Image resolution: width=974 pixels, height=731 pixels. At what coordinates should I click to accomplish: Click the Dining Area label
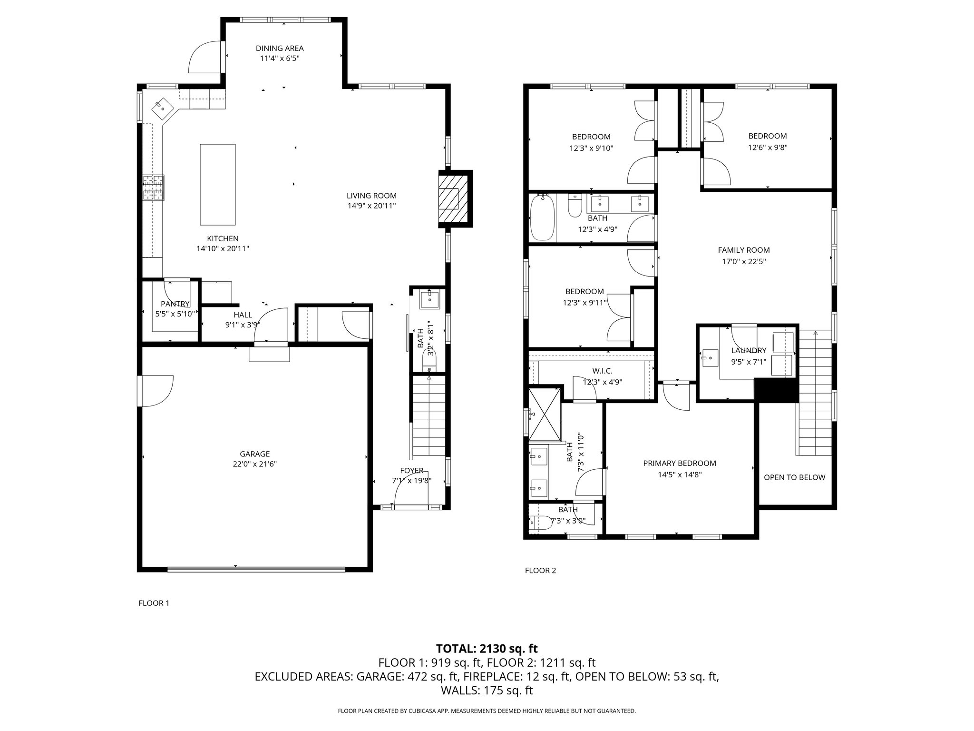[280, 48]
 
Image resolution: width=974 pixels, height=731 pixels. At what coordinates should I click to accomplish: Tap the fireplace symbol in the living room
[455, 198]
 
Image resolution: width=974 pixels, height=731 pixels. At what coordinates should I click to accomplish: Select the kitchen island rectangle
[218, 184]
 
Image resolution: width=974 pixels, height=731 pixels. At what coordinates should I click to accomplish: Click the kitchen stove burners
[153, 187]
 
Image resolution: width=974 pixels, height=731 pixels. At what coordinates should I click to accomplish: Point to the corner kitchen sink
[162, 109]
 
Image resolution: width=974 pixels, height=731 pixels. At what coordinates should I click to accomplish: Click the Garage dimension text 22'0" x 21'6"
[255, 464]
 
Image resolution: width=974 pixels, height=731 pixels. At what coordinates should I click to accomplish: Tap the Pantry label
[175, 304]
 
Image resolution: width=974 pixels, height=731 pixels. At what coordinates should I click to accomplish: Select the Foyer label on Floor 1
[411, 471]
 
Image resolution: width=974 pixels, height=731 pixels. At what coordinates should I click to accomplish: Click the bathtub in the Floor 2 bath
[543, 217]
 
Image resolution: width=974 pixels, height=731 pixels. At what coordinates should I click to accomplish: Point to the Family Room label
[744, 250]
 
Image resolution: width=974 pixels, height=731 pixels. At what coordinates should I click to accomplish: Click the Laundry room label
[749, 351]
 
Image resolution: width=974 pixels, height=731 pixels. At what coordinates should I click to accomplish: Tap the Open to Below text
[795, 477]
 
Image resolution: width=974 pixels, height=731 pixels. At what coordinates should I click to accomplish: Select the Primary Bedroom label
[680, 463]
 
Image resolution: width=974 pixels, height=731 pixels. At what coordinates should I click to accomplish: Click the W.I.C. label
[602, 371]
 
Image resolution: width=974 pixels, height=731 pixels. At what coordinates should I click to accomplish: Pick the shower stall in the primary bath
[545, 415]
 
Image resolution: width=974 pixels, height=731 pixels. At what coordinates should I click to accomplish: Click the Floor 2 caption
[540, 571]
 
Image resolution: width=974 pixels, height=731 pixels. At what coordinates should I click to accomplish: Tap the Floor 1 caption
[154, 603]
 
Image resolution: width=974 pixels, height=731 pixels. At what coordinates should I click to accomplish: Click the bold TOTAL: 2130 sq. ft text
[487, 648]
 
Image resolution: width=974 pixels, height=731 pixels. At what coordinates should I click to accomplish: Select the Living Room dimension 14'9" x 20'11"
[371, 206]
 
